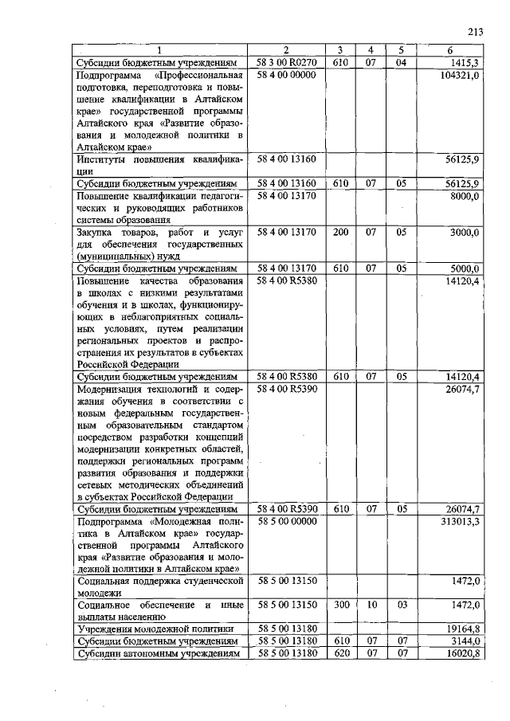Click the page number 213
click(476, 32)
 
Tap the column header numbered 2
click(285, 51)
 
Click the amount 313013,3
click(460, 521)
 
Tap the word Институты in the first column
click(104, 159)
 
